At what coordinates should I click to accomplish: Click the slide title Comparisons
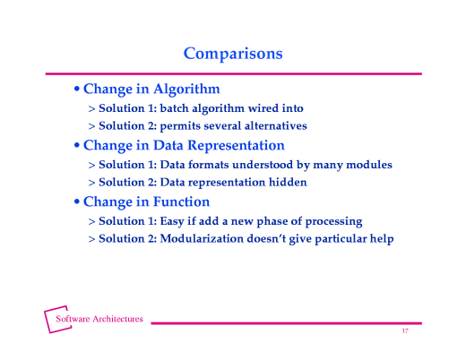click(x=233, y=54)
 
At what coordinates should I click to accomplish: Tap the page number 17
click(x=405, y=332)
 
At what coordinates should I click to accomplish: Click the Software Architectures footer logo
click(x=93, y=320)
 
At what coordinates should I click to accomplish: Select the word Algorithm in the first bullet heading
click(x=186, y=90)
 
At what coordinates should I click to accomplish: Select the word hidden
click(x=288, y=182)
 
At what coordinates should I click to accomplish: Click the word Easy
click(x=175, y=220)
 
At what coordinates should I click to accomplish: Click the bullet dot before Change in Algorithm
click(x=77, y=90)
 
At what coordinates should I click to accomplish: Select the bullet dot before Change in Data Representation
click(x=77, y=146)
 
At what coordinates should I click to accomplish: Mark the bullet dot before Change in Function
click(x=77, y=202)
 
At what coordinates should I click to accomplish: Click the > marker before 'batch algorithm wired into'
click(x=91, y=108)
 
